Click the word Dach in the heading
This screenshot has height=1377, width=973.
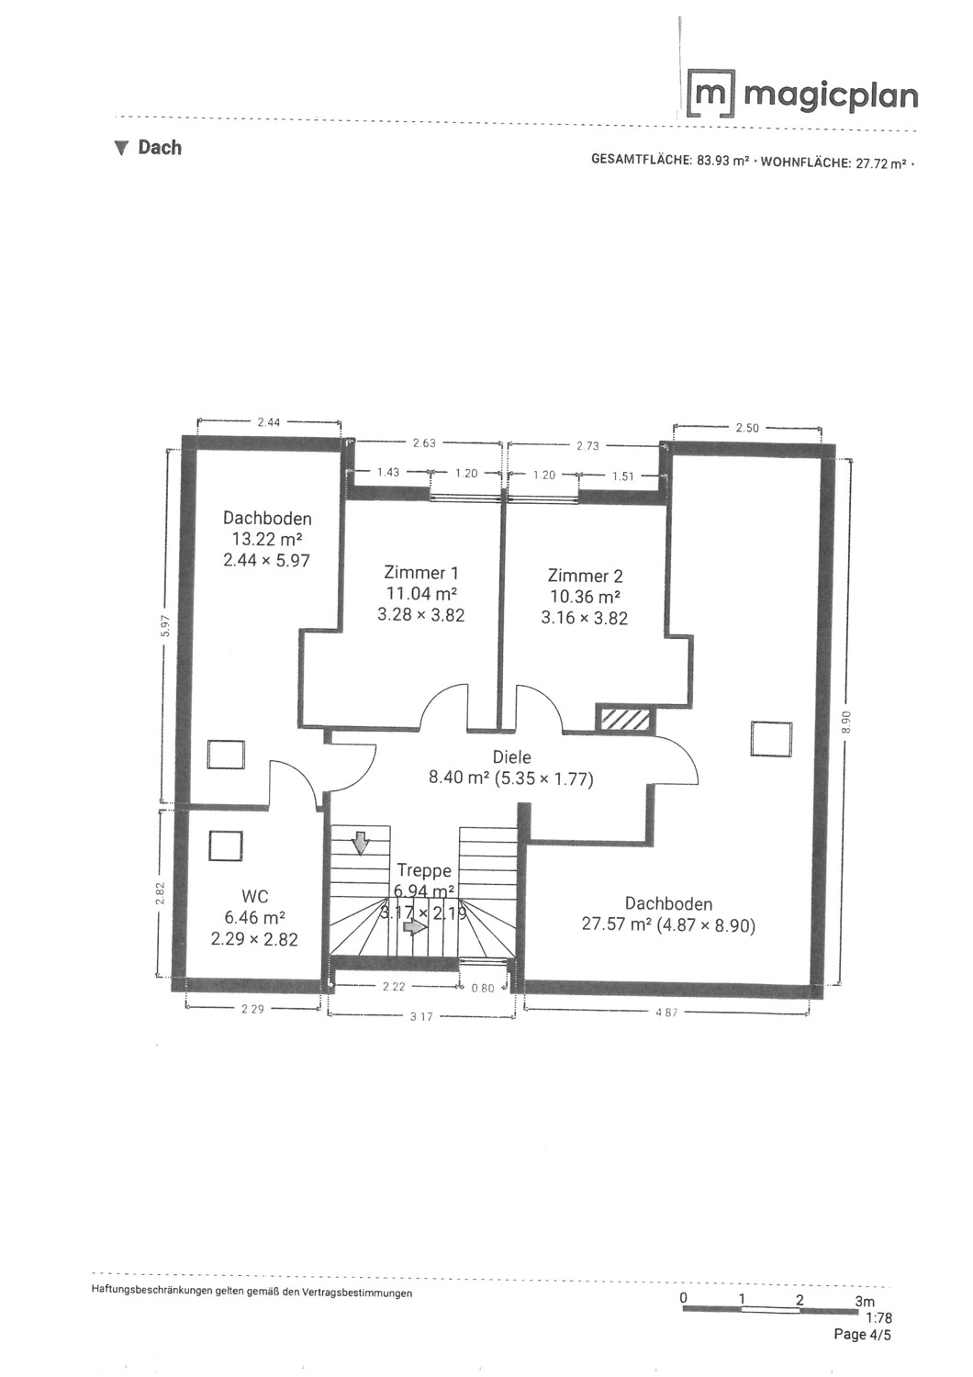pos(160,148)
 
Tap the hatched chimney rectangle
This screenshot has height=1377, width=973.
pos(625,719)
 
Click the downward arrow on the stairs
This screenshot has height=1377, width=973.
pos(360,844)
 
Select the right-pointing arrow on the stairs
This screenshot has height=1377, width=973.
pos(417,927)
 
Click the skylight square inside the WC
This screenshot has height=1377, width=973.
pos(226,845)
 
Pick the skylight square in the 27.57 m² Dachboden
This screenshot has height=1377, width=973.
pos(771,738)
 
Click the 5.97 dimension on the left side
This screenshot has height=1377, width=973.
pos(164,626)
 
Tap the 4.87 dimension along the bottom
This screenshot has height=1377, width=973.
pos(666,1012)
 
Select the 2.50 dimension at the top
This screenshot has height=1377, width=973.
pos(747,428)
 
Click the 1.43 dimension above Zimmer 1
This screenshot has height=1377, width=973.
pos(388,472)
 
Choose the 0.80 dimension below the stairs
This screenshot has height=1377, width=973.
pos(483,989)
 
